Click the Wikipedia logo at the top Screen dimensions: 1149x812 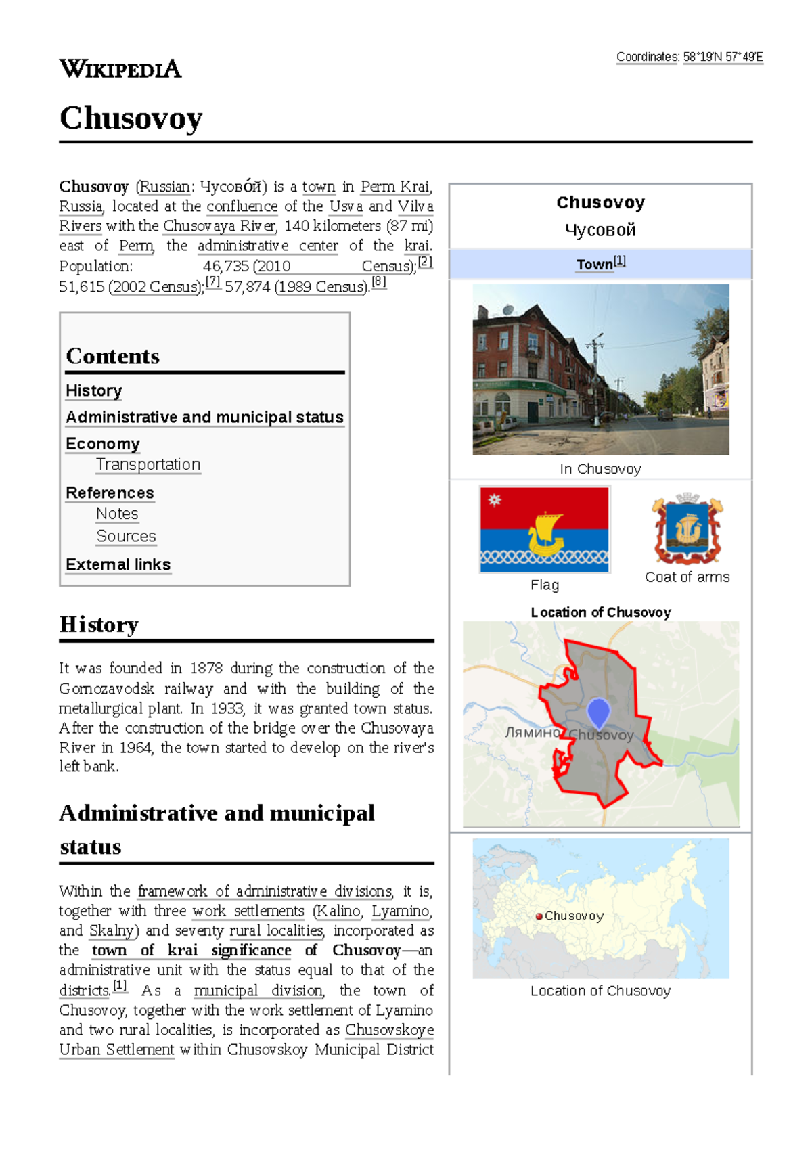pos(120,69)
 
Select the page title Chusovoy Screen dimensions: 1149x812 pos(131,118)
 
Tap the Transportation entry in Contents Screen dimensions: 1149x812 pos(148,465)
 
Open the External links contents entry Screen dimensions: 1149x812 pos(118,564)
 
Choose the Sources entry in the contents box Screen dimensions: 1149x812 pos(126,536)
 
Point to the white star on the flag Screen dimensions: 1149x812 pos(495,500)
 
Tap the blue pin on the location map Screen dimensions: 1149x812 pos(598,712)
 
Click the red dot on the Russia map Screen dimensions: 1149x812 pos(539,916)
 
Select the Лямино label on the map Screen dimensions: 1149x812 pos(533,732)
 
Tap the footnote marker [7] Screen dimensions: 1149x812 pos(212,283)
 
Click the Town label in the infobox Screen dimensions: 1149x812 pos(594,265)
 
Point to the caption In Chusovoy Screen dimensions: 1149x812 pos(600,469)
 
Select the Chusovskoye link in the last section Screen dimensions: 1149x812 pos(389,1030)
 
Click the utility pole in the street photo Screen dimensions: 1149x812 pos(595,379)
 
